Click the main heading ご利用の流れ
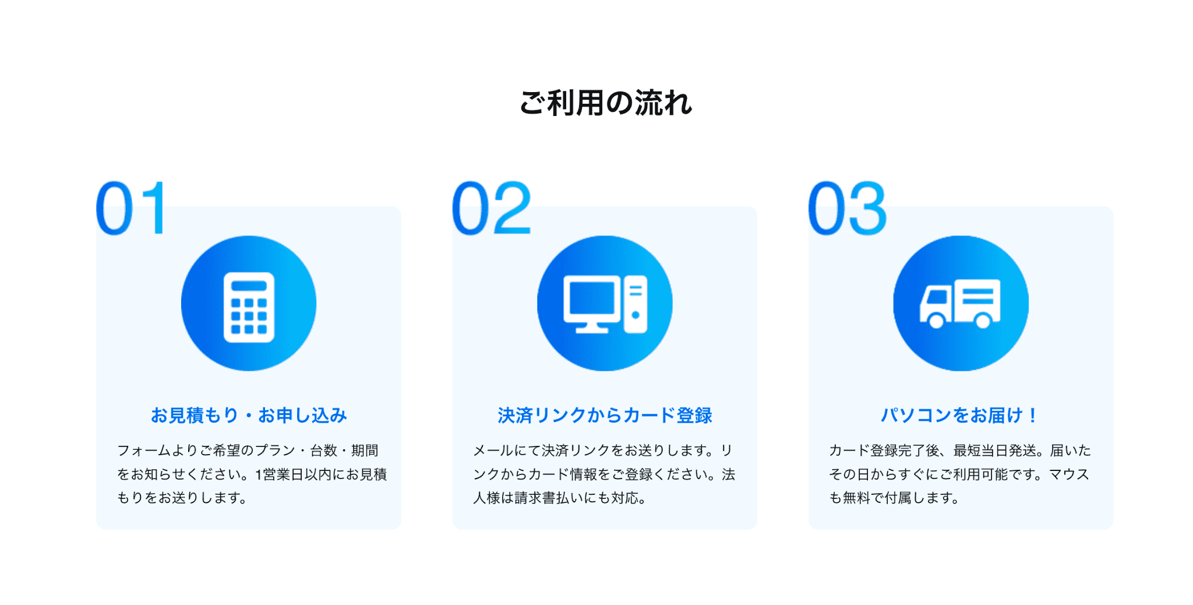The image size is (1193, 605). pyautogui.click(x=605, y=103)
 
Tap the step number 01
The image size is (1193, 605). pyautogui.click(x=132, y=208)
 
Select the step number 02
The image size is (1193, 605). pyautogui.click(x=492, y=208)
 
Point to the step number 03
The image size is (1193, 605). pyautogui.click(x=848, y=208)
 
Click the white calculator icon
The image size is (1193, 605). pyautogui.click(x=249, y=307)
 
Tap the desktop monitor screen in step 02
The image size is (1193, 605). pyautogui.click(x=592, y=298)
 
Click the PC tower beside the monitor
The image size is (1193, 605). pyautogui.click(x=636, y=304)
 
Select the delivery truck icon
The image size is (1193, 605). pyautogui.click(x=960, y=304)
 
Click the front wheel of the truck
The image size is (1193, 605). pyautogui.click(x=936, y=320)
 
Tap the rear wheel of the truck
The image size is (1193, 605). pyautogui.click(x=983, y=320)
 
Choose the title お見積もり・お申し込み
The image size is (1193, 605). pyautogui.click(x=249, y=415)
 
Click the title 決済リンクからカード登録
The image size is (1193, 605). pyautogui.click(x=605, y=415)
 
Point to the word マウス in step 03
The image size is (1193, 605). pyautogui.click(x=1070, y=474)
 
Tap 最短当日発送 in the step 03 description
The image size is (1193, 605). pyautogui.click(x=995, y=451)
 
